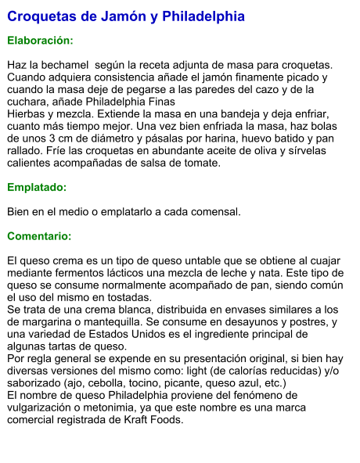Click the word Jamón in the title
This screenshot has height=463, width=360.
[x=121, y=16]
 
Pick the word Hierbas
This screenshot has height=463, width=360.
[x=27, y=114]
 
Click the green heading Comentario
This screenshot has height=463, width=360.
[x=39, y=236]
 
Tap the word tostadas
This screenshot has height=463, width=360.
[x=129, y=297]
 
